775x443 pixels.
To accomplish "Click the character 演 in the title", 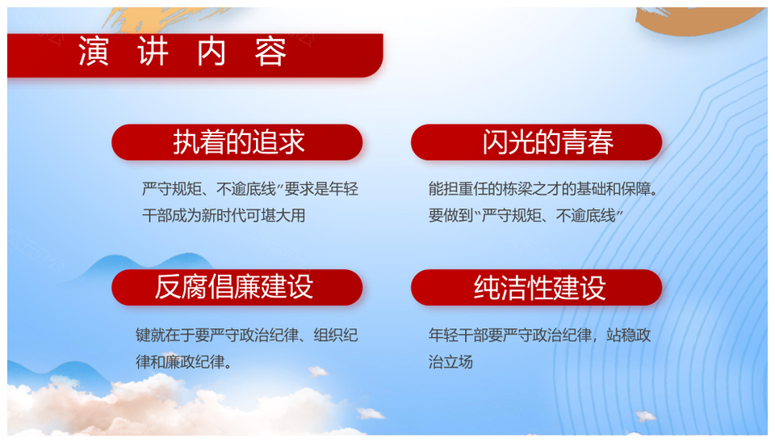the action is tap(94, 51).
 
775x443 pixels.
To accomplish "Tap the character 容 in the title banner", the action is tap(270, 51).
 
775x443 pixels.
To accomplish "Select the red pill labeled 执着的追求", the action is tap(237, 142).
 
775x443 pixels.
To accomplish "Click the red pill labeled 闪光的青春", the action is tap(536, 142).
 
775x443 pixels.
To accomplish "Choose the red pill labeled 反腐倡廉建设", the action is tap(237, 287).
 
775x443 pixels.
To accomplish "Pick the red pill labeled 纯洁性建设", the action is tap(536, 287).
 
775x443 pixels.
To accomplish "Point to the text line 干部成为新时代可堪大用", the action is tap(224, 215).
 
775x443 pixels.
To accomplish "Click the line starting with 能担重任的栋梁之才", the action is tap(543, 188).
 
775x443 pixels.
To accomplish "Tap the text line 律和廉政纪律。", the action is tap(184, 362).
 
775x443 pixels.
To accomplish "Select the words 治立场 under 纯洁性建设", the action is tap(450, 362).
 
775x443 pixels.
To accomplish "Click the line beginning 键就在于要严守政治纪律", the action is tap(247, 335).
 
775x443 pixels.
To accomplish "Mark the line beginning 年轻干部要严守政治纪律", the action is tap(540, 335).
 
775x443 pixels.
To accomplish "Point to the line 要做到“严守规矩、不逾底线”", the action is tap(526, 215).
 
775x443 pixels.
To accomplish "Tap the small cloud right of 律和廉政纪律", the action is tap(317, 371).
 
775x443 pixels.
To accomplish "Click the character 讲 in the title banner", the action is tap(153, 51).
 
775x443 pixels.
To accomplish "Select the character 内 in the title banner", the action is tap(212, 51).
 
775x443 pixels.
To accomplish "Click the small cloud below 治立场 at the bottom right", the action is tap(646, 416).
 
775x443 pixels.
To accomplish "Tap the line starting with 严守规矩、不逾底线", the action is tap(250, 188).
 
